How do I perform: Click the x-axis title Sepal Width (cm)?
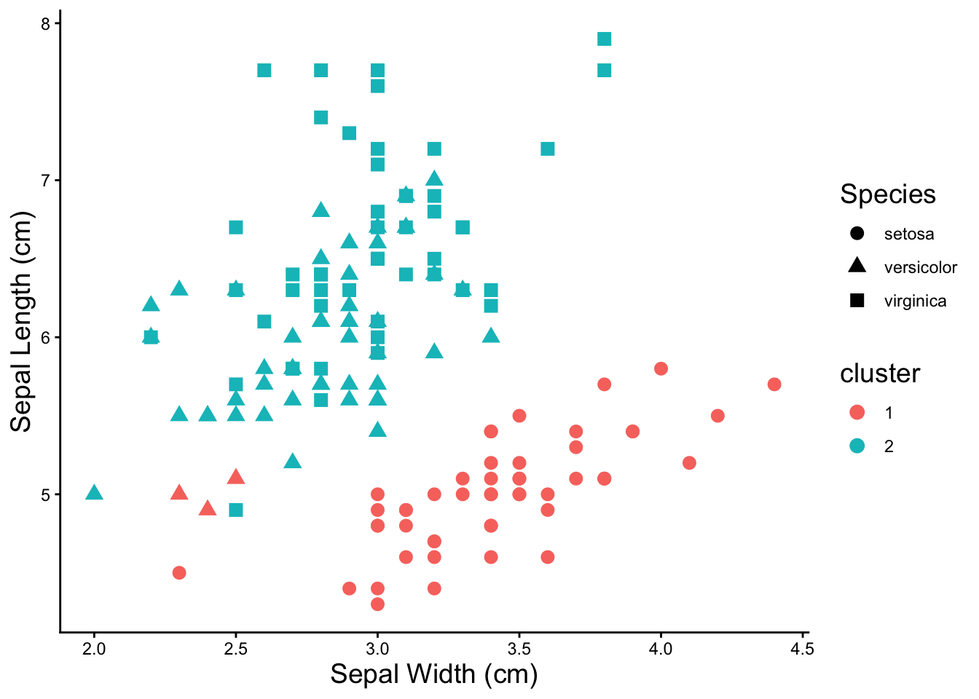click(433, 674)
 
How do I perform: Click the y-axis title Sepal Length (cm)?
click(22, 322)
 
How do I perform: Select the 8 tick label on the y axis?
click(45, 24)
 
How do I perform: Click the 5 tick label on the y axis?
click(45, 495)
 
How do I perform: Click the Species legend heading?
click(887, 194)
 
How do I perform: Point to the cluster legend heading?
click(880, 374)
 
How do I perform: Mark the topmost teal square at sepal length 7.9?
click(604, 39)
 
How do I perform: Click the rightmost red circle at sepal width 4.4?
click(774, 384)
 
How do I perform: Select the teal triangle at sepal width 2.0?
click(94, 493)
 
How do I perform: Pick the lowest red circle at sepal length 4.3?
click(377, 604)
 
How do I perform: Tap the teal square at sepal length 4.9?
click(236, 510)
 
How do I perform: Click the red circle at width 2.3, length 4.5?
click(179, 573)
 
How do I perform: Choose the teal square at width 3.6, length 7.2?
click(548, 149)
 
